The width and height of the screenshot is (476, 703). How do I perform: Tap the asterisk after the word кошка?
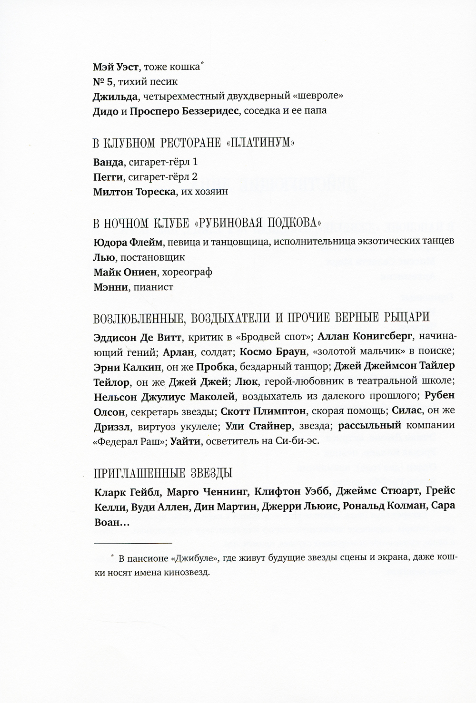(202, 63)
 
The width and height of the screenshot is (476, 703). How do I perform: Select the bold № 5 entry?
(104, 81)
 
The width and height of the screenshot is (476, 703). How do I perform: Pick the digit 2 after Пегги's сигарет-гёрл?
(195, 177)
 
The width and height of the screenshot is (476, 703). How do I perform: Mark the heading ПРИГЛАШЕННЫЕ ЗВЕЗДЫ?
(163, 473)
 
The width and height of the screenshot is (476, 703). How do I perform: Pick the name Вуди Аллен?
(161, 507)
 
